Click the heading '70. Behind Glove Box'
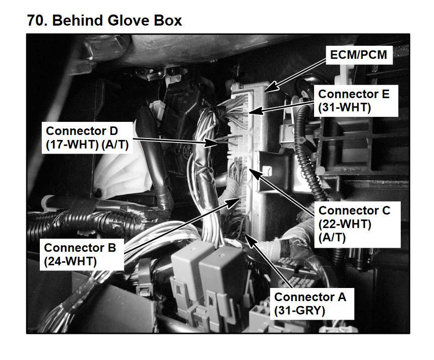[x=105, y=21]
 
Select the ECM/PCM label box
[x=359, y=55]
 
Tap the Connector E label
[x=356, y=101]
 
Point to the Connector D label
[x=87, y=137]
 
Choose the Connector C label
[x=357, y=224]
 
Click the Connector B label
[x=82, y=254]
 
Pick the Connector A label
[x=312, y=304]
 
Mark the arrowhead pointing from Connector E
[x=255, y=111]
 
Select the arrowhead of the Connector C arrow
[x=255, y=174]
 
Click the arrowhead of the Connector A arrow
[x=251, y=240]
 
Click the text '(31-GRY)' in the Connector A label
[x=299, y=311]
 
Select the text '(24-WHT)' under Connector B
[x=70, y=261]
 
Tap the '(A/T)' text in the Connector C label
[x=332, y=238]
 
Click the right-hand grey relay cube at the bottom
[x=221, y=274]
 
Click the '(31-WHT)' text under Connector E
[x=344, y=108]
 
